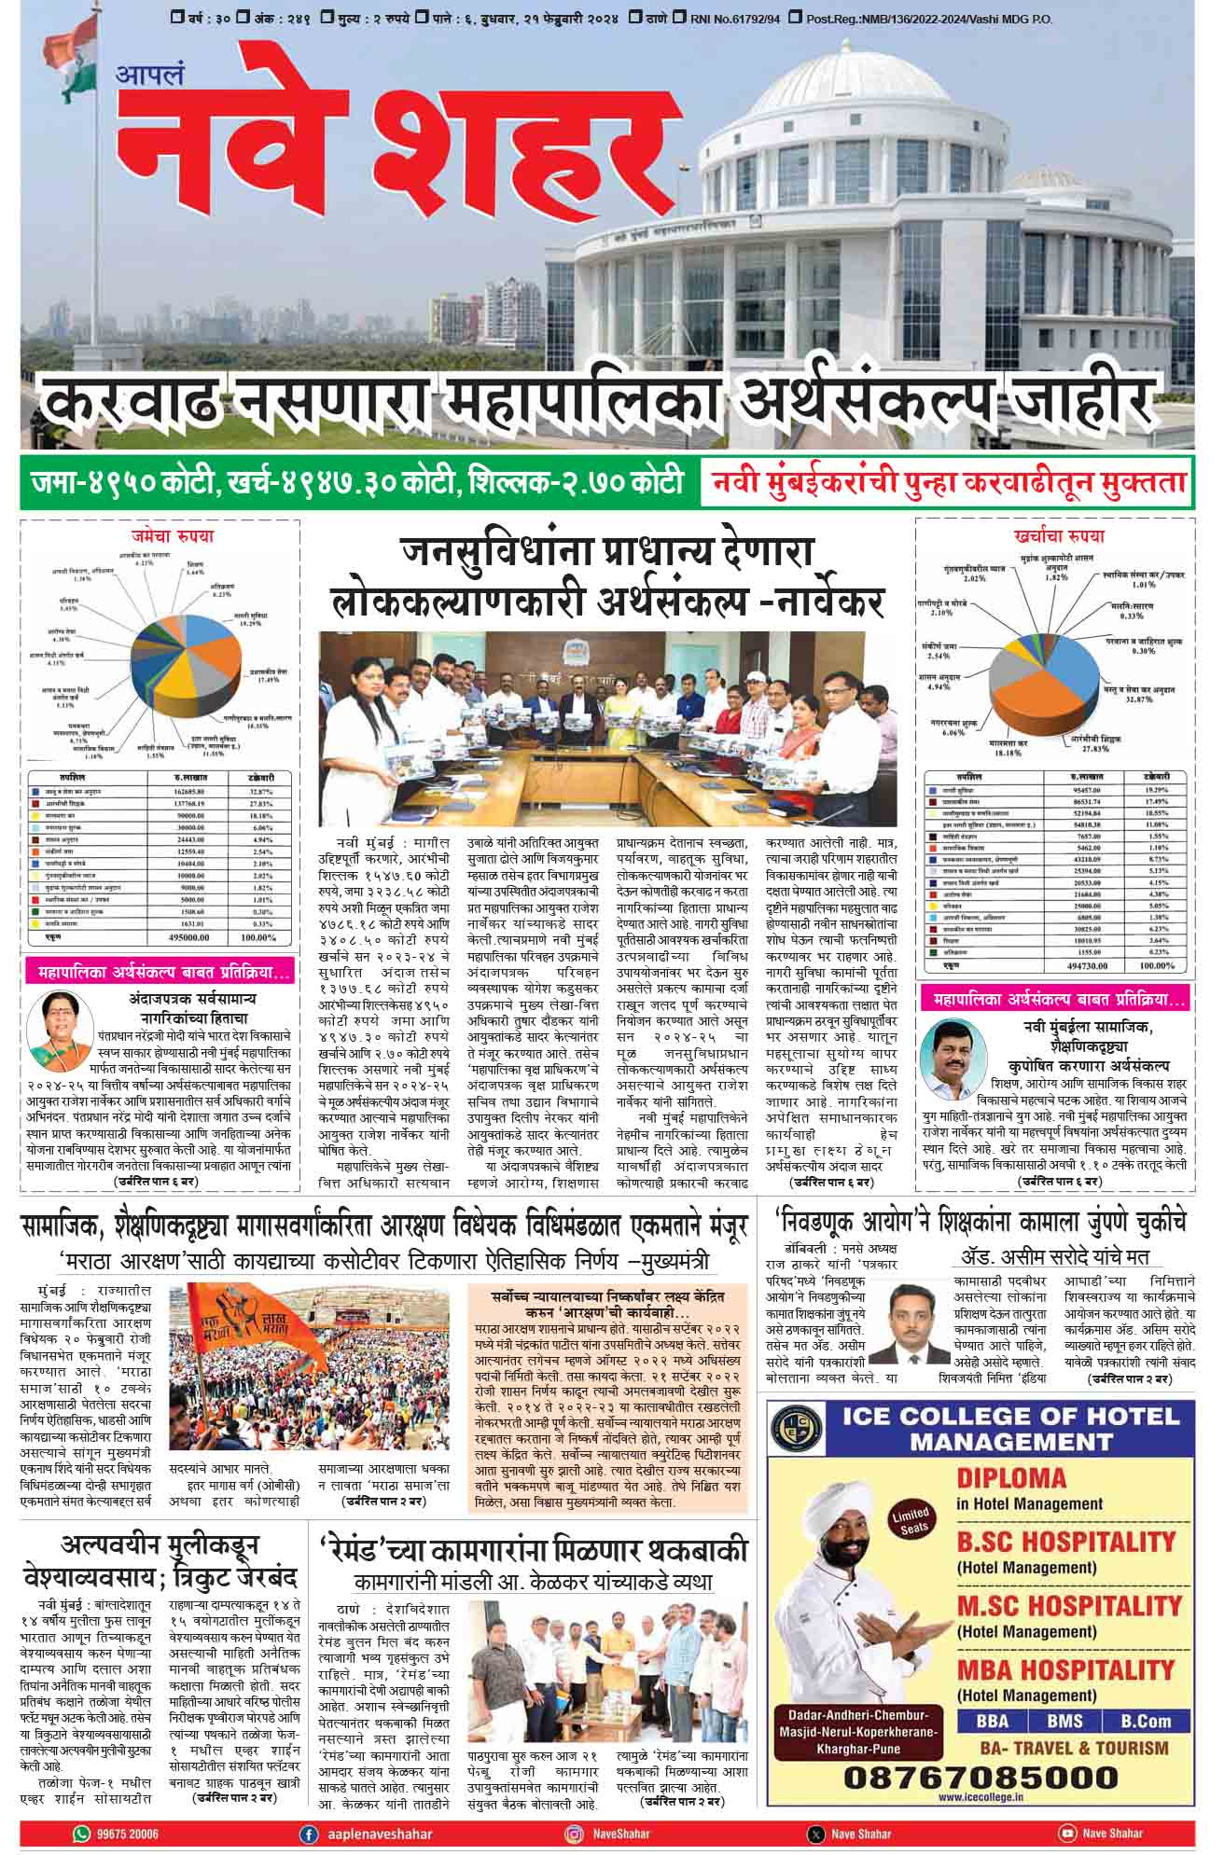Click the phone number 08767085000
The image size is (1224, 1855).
click(x=980, y=1777)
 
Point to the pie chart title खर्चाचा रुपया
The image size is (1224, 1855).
click(x=1058, y=536)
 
